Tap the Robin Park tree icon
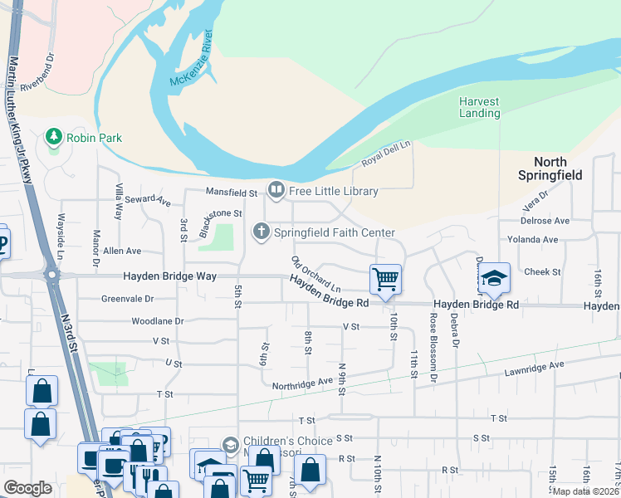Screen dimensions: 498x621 point(55,135)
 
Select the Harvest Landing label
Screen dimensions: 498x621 point(480,108)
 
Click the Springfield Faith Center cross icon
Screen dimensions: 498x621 point(262,232)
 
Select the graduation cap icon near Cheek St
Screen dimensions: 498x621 point(494,278)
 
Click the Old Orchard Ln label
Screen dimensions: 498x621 point(316,273)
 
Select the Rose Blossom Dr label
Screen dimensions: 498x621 point(433,339)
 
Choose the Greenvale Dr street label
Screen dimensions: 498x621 point(127,299)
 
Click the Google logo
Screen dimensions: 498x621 point(27,488)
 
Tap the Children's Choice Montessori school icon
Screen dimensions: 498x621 point(230,446)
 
